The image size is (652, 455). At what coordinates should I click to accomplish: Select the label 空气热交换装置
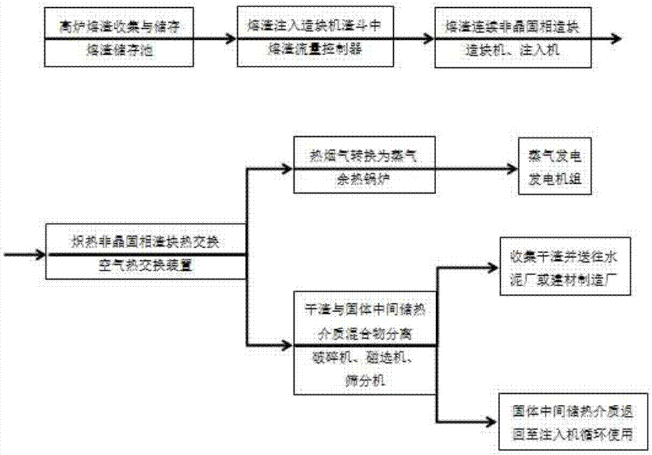[147, 265]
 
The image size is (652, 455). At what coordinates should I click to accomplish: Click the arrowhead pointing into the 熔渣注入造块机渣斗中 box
[231, 38]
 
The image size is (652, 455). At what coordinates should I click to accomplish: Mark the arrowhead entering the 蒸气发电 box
[512, 169]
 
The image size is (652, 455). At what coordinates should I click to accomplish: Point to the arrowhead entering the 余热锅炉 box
[289, 169]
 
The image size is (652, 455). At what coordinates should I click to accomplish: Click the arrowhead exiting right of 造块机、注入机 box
[616, 38]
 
